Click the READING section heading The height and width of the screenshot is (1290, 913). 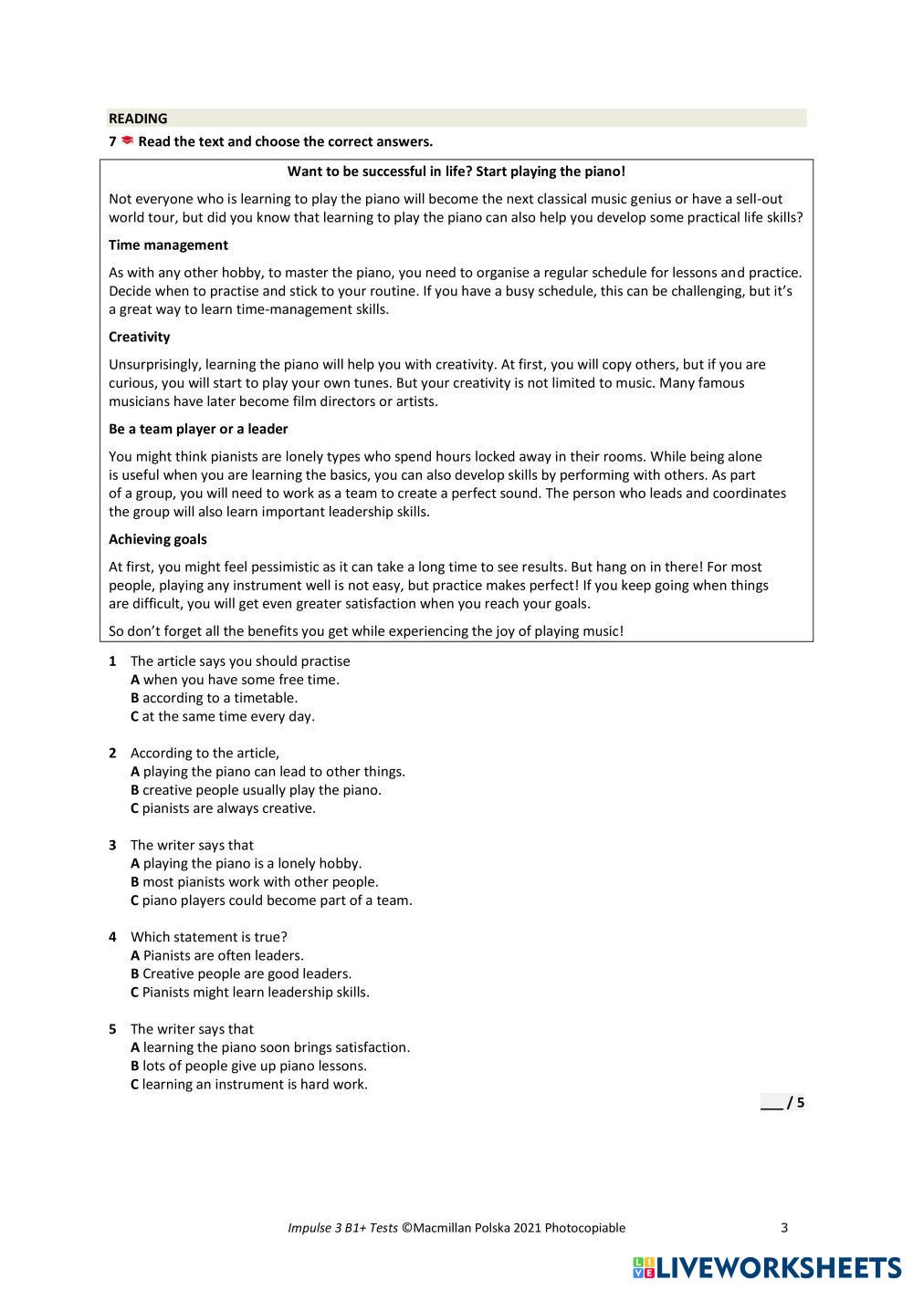138,119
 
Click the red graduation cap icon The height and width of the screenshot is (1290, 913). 127,140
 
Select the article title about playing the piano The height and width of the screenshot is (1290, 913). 456,172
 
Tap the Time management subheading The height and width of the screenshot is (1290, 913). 168,245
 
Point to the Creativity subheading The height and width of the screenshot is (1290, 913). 139,338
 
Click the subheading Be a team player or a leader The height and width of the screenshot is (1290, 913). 198,429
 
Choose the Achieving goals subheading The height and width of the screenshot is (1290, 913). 158,539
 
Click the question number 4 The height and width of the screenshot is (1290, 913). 112,937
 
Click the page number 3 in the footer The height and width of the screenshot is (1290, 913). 784,1228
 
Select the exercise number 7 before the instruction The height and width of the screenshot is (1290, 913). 112,141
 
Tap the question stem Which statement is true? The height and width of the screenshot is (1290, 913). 209,937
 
